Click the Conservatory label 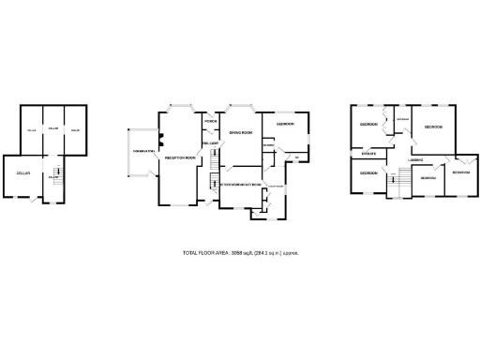(x=143, y=151)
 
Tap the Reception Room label (x=178, y=158)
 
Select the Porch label (x=211, y=123)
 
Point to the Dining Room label (x=241, y=133)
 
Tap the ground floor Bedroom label (x=285, y=124)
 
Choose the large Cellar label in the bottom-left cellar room (x=22, y=173)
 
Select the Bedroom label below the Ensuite (x=367, y=173)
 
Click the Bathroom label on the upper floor (x=402, y=120)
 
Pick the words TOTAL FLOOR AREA (x=204, y=253)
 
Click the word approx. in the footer (x=290, y=253)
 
